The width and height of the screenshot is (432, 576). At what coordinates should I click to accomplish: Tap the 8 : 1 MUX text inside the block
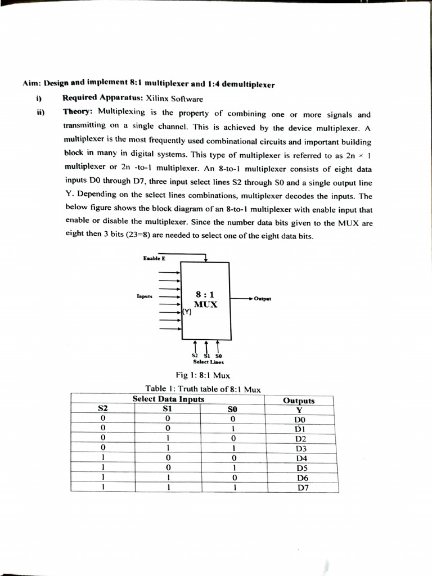point(205,299)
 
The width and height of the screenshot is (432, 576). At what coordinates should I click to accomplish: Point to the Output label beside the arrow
point(263,299)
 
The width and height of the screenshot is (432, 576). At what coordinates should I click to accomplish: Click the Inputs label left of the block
point(145,295)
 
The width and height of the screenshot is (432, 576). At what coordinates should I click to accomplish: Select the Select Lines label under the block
point(208,362)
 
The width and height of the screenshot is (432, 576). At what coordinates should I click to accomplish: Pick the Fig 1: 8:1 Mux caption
point(202,375)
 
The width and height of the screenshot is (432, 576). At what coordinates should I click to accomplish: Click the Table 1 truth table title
point(202,388)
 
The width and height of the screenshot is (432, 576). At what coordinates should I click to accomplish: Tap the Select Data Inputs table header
point(168,399)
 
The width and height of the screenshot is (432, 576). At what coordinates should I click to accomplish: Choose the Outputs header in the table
point(299,400)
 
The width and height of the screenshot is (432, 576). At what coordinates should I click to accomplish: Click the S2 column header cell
point(103,409)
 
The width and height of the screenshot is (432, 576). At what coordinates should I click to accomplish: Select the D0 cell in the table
point(299,420)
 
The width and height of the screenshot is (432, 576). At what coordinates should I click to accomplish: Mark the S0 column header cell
point(232,410)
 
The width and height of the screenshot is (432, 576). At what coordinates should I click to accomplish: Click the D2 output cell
point(300,439)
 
